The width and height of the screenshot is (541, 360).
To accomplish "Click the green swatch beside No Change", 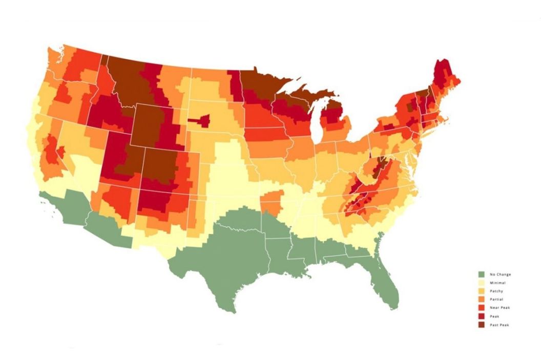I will (482, 274).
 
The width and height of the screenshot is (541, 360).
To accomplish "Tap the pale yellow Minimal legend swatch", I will (482, 283).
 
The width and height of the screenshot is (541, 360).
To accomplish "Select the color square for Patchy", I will (482, 291).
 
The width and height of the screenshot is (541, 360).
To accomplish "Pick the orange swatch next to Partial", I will (482, 300).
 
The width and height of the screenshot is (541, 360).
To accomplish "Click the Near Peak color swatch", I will (482, 308).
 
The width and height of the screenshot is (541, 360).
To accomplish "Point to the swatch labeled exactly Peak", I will (482, 316).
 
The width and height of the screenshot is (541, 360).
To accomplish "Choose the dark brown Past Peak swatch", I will (482, 325).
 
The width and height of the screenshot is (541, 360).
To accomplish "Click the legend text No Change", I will (500, 274).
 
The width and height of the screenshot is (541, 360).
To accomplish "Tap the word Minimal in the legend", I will (497, 283).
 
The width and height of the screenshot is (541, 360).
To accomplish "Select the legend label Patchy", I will (496, 291).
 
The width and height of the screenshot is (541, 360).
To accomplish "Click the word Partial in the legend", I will (496, 300).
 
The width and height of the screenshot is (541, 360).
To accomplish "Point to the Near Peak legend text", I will (500, 308).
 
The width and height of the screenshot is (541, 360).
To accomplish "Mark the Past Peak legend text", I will (500, 325).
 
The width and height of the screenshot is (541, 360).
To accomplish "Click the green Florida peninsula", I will (387, 282).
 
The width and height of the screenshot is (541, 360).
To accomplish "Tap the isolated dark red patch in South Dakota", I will (201, 121).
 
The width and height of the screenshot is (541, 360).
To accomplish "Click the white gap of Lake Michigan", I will (316, 123).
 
